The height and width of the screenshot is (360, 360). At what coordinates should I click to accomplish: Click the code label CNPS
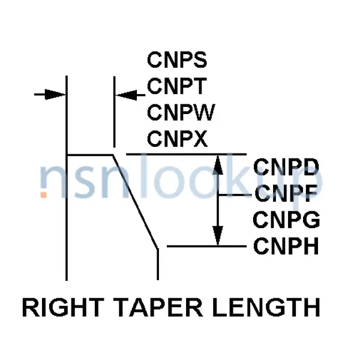177,61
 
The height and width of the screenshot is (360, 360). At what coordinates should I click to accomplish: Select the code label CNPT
176,87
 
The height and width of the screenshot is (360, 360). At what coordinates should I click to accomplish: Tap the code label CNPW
181,113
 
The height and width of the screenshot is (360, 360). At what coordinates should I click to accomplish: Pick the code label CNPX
177,139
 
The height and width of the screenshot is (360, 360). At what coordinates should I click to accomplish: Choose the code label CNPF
285,194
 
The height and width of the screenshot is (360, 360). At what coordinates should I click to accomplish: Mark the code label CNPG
286,220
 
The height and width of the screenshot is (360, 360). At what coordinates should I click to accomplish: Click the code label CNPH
286,246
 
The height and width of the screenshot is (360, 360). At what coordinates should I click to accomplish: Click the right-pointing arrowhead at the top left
57,94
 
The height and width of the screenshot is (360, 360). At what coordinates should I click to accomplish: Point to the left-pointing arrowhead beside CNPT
124,94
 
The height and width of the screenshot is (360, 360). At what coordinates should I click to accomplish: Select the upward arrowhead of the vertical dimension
218,163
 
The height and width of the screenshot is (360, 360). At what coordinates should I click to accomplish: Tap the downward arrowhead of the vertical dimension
218,237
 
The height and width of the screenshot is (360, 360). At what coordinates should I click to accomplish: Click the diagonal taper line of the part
136,201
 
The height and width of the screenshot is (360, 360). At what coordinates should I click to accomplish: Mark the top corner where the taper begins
113,155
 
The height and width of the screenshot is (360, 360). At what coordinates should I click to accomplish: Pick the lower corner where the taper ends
158,247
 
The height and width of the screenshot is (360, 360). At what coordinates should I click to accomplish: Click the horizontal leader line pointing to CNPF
234,195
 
